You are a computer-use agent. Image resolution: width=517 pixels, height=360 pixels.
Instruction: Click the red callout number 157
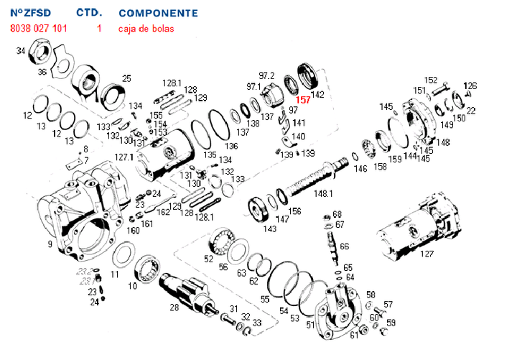(303, 101)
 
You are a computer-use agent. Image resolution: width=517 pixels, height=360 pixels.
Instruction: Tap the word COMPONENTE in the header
(158, 13)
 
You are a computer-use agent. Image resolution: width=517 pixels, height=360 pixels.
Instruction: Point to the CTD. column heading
(89, 13)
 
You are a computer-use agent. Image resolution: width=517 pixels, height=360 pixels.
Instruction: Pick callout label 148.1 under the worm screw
(323, 193)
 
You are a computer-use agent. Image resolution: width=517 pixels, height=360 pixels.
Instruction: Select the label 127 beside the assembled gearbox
(427, 254)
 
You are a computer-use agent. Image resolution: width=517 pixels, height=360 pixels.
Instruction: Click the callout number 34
(21, 51)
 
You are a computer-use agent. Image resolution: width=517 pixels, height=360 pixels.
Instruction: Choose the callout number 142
(317, 94)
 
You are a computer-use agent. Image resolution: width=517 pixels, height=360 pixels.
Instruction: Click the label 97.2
(266, 75)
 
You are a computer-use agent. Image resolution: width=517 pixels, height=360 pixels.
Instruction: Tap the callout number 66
(345, 246)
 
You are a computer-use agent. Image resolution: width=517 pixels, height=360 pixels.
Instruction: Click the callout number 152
(430, 80)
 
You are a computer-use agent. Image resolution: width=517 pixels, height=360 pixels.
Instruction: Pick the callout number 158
(380, 167)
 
